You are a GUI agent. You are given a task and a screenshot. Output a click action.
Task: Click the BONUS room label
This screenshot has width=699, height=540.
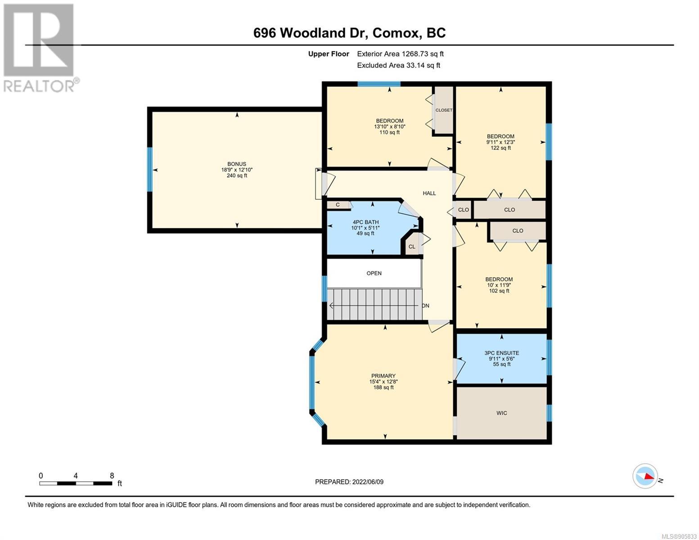coord(237,164)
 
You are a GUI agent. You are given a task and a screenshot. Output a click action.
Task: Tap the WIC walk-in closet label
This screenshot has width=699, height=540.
coord(501,413)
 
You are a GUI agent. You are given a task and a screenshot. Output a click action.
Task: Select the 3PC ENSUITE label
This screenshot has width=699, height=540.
coord(501,353)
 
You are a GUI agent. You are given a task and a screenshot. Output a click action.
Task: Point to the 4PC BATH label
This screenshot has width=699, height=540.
coord(365,222)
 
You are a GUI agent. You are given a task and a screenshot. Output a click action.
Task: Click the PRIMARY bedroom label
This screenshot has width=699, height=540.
coord(383,376)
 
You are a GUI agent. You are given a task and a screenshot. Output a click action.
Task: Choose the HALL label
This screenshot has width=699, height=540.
coord(429,193)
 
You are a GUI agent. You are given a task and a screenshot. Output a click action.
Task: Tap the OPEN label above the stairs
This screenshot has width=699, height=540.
coord(374,274)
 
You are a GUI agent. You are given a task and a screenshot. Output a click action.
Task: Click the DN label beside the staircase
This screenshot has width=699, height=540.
coord(426,306)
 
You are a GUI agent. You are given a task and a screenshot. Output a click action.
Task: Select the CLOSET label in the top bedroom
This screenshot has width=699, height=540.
coord(444,110)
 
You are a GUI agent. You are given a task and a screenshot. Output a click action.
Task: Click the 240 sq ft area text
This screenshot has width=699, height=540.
coord(237,175)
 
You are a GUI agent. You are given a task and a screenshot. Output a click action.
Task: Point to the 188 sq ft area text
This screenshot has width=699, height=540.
coord(383,387)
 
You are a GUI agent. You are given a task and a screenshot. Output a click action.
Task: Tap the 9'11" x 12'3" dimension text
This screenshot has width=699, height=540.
coord(501,142)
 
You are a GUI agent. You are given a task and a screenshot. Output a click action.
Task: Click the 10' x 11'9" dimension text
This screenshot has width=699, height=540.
coord(499,285)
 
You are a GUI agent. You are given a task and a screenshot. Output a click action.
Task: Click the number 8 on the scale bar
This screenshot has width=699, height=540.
coord(112,476)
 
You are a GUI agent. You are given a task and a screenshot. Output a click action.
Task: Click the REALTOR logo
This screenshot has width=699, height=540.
coord(39,48)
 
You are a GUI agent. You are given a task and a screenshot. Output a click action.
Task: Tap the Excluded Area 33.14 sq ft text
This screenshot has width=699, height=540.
coord(398,65)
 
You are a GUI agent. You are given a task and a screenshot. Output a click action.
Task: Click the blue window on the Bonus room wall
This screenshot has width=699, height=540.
coord(149,170)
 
